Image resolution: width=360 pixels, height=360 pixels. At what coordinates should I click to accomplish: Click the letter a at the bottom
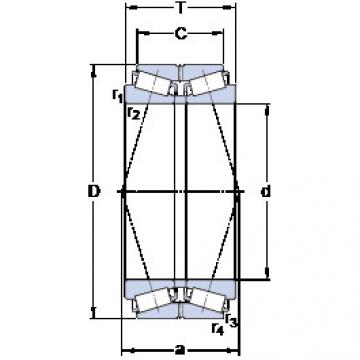click(x=181, y=350)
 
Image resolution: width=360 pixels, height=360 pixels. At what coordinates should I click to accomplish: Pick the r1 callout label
click(x=117, y=96)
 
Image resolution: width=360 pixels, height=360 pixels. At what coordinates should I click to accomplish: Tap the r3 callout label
click(x=231, y=319)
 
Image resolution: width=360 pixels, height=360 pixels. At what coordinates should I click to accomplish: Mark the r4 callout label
click(x=216, y=328)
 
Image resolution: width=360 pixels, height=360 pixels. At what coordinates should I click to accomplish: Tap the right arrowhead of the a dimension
click(x=238, y=350)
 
